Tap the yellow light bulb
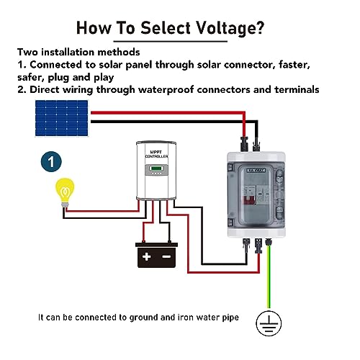[66, 193]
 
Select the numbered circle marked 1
[50, 161]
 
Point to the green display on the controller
[156, 171]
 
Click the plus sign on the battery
[147, 256]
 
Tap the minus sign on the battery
[166, 256]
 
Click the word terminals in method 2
[296, 90]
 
